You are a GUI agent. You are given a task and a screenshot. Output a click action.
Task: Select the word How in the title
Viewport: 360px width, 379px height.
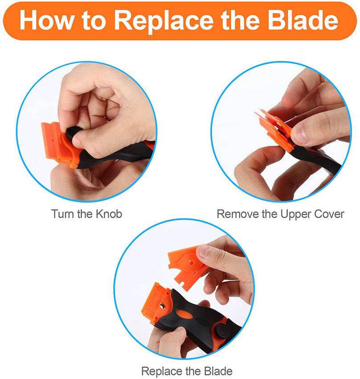click(x=47, y=21)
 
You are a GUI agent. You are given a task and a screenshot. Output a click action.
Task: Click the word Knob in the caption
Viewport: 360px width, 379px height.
click(x=108, y=214)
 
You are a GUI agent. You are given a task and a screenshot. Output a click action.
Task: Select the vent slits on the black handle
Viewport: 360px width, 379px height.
click(x=203, y=322)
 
